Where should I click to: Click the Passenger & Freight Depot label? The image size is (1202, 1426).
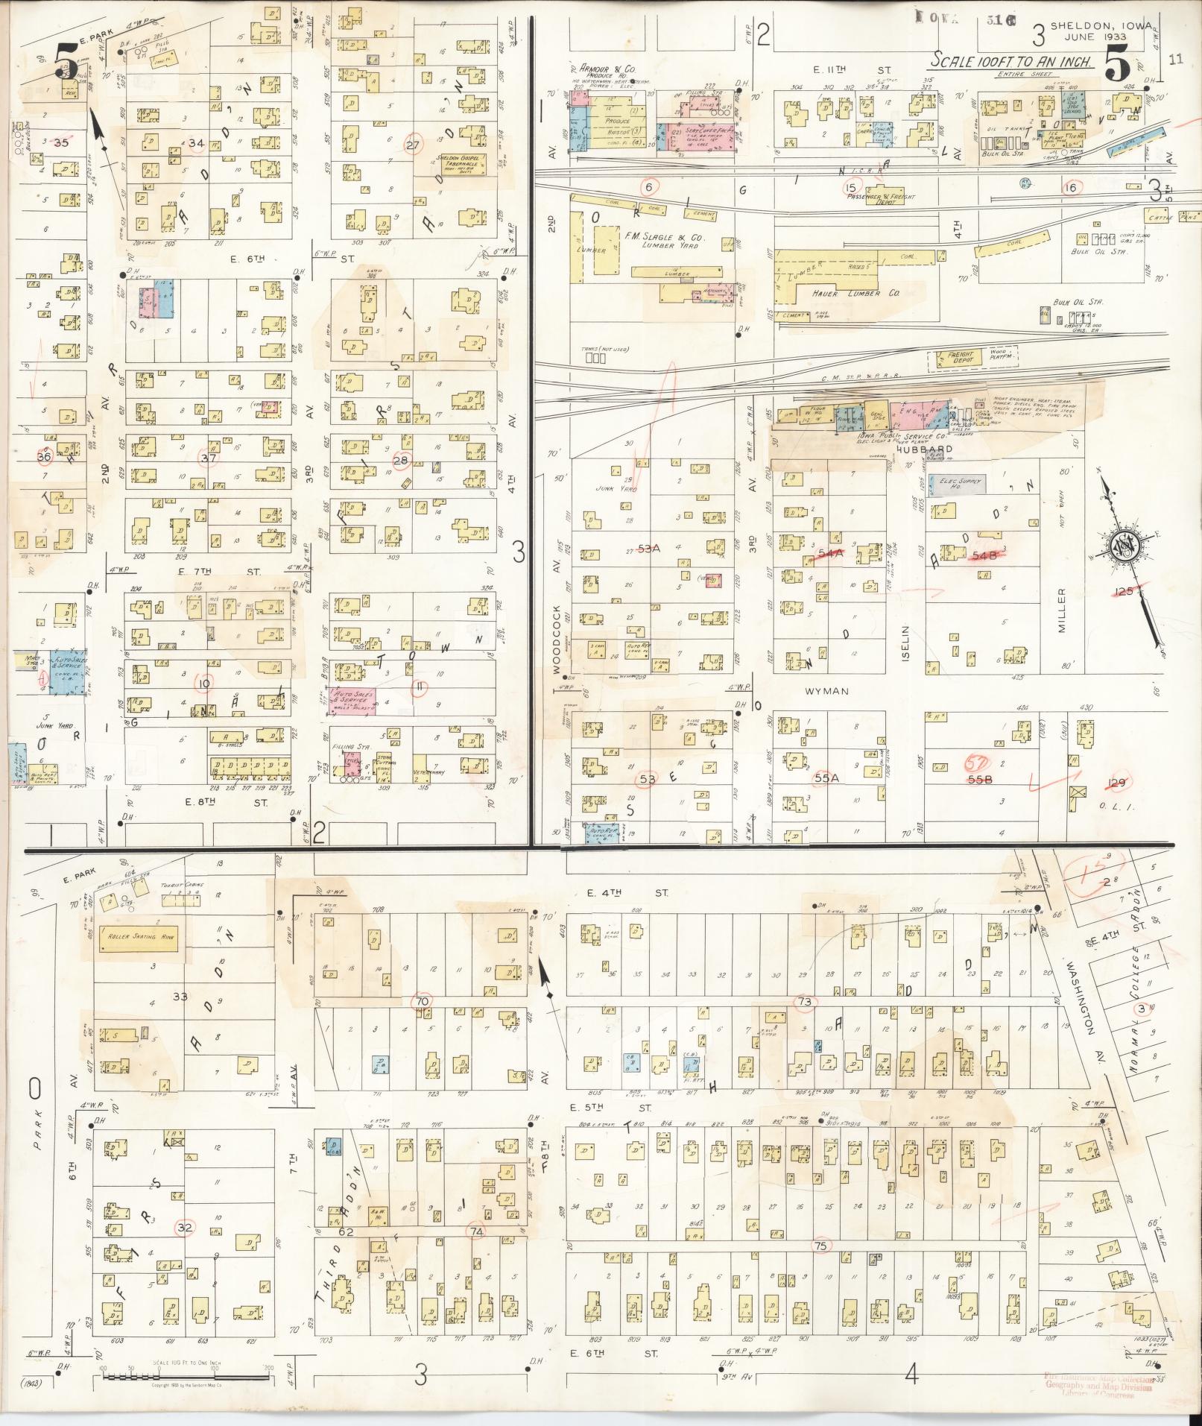pos(880,199)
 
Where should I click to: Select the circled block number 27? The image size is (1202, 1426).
pos(412,145)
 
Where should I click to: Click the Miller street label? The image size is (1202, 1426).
pos(1063,611)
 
